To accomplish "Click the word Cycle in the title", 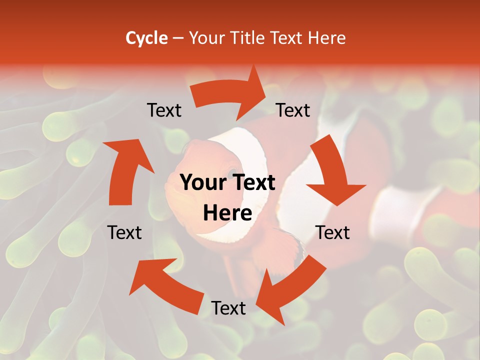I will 146,38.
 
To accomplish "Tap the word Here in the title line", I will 327,38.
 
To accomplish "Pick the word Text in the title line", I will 289,38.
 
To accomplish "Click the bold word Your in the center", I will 203,183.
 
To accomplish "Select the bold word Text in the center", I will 252,183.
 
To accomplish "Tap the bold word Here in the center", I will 227,213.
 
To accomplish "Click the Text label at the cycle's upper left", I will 164,110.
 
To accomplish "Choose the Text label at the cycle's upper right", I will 293,110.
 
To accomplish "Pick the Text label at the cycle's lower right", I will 332,232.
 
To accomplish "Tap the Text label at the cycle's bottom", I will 228,308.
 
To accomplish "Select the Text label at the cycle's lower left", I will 124,232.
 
